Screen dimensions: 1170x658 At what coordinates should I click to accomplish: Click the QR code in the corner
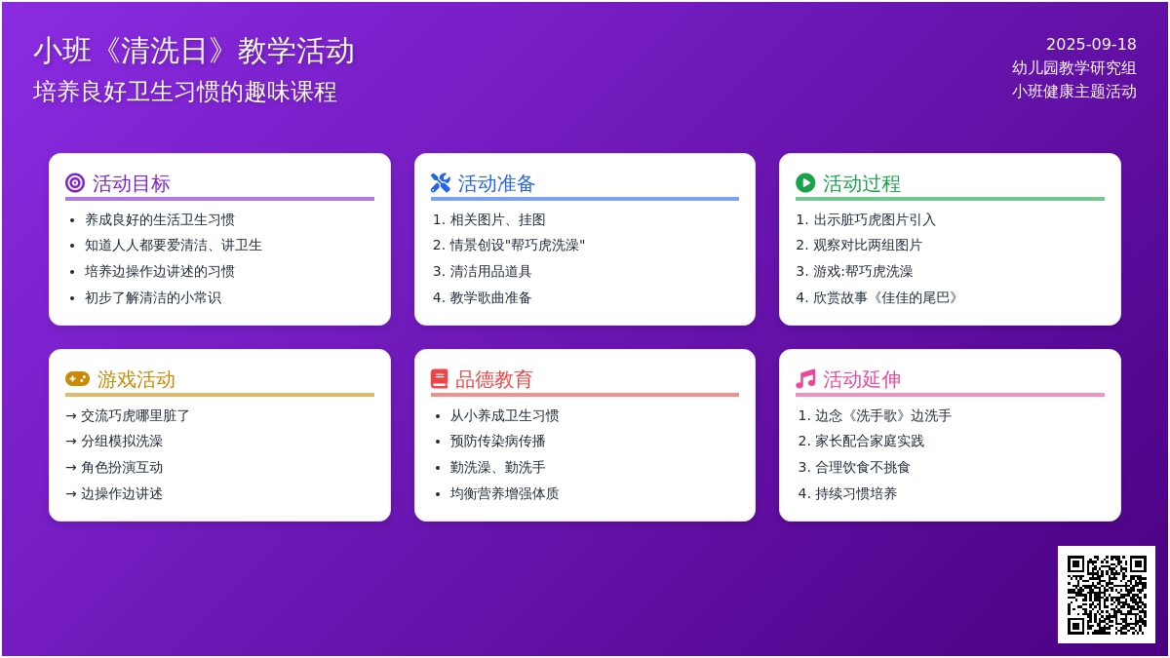click(x=1107, y=595)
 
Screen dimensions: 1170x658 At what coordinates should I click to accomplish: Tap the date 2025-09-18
click(x=1091, y=45)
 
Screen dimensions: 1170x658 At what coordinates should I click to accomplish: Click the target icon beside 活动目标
click(x=75, y=183)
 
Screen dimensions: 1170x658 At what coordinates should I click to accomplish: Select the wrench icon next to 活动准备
click(x=441, y=183)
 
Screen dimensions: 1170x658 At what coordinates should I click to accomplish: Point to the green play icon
click(x=805, y=183)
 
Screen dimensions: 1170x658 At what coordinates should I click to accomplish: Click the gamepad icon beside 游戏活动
click(x=77, y=378)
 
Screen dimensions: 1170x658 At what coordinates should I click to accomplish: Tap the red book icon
click(x=440, y=378)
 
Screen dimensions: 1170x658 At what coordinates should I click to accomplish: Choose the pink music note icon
click(x=805, y=378)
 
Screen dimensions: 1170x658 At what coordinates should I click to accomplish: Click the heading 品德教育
click(x=493, y=379)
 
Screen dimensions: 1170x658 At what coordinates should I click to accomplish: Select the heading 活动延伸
click(x=862, y=379)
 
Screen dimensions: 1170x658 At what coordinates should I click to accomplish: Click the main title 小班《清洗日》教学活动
click(x=194, y=51)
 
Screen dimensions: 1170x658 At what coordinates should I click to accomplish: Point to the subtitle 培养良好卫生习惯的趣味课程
click(x=185, y=92)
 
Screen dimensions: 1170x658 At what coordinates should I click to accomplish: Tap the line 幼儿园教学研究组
click(x=1073, y=68)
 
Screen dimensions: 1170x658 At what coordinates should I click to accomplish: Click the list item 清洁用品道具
click(x=490, y=272)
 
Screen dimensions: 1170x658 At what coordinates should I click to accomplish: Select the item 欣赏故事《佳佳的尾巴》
click(x=885, y=297)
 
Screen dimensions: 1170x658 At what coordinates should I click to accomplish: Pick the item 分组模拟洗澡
click(x=122, y=442)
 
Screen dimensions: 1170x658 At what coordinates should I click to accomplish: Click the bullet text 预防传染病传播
click(x=498, y=442)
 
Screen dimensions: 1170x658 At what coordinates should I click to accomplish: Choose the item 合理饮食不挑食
click(x=862, y=467)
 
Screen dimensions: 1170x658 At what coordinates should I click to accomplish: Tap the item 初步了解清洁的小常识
click(x=153, y=297)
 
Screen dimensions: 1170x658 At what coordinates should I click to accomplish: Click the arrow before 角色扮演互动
click(x=71, y=468)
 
